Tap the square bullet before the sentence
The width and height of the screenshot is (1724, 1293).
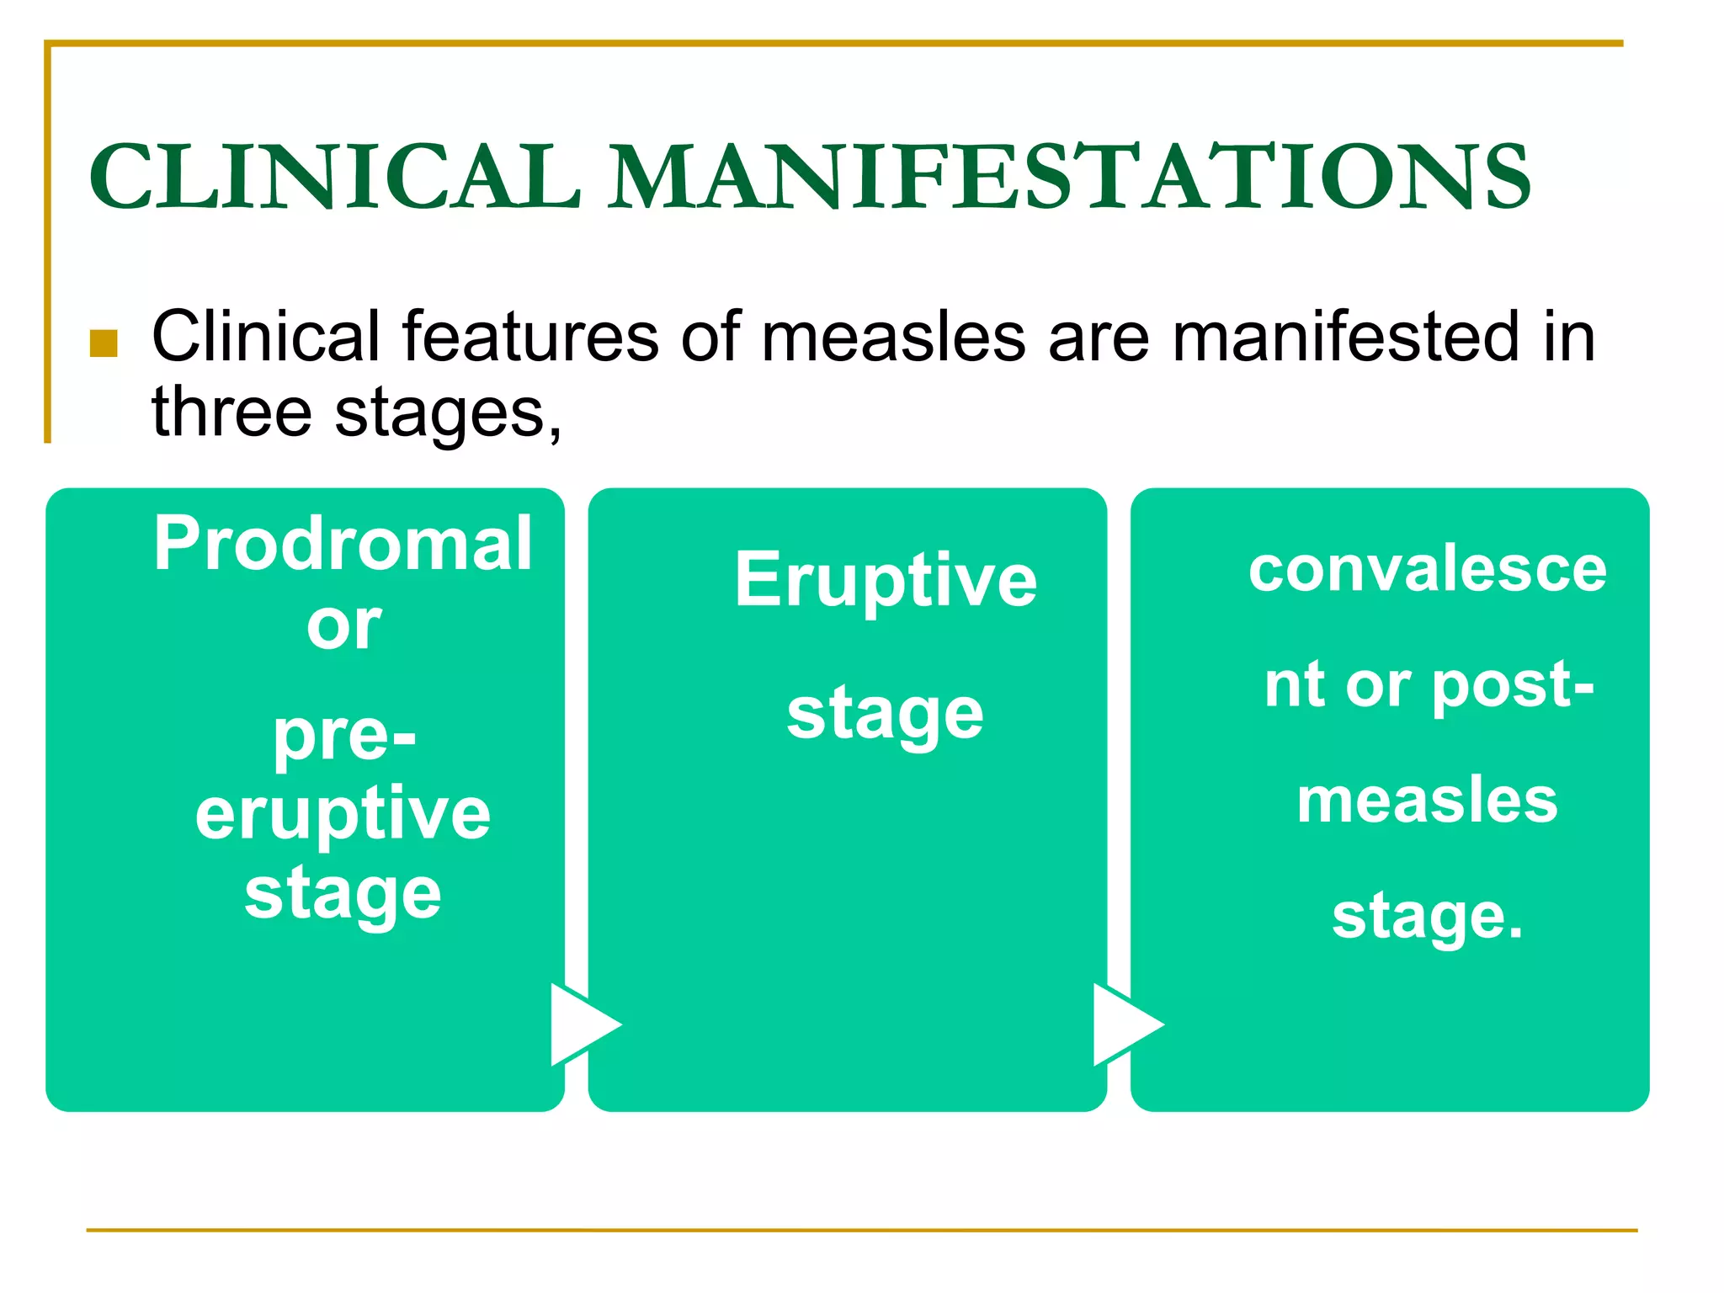click(x=104, y=343)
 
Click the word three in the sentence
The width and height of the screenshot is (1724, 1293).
click(x=231, y=412)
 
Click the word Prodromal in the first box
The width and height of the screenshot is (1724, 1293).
click(x=343, y=544)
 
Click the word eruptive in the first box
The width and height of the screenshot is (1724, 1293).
click(x=343, y=815)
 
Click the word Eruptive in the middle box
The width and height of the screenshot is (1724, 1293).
click(x=886, y=579)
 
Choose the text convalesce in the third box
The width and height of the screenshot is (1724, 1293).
click(x=1428, y=569)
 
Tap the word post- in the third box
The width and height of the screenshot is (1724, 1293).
click(x=1513, y=685)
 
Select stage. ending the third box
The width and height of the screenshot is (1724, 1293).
click(x=1428, y=918)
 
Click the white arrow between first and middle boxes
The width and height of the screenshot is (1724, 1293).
click(x=581, y=1024)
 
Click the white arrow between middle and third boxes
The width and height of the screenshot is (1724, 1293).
click(x=1123, y=1024)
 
